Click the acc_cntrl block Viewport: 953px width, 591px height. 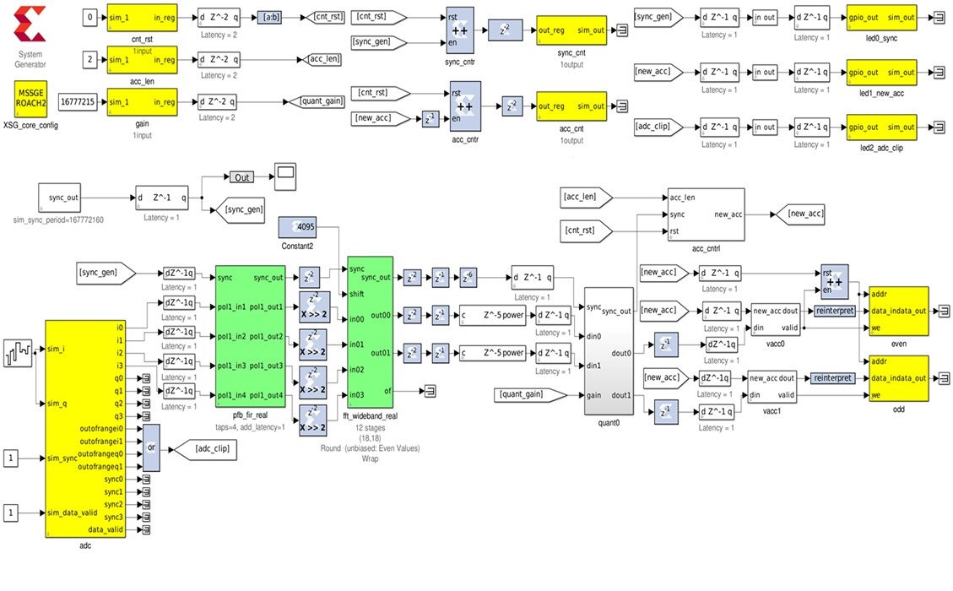pos(706,214)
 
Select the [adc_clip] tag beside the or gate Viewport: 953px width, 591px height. pos(203,448)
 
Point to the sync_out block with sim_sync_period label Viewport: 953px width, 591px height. pos(63,198)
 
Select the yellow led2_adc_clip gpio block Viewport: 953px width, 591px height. pos(880,127)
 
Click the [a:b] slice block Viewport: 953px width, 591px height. pos(268,16)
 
